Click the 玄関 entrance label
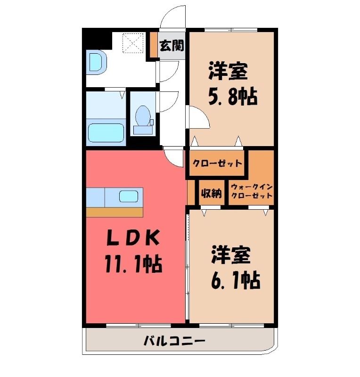pos(172,45)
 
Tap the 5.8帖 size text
pos(233,97)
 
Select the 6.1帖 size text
pos(236,280)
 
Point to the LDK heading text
pos(133,238)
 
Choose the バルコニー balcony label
pos(174,341)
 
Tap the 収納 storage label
pos(212,193)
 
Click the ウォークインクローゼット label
pos(252,191)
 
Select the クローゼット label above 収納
pos(217,164)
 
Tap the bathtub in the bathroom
pos(106,133)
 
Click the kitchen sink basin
pos(129,196)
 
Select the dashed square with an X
pos(133,43)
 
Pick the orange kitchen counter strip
pos(115,212)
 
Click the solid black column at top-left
pos(97,39)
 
